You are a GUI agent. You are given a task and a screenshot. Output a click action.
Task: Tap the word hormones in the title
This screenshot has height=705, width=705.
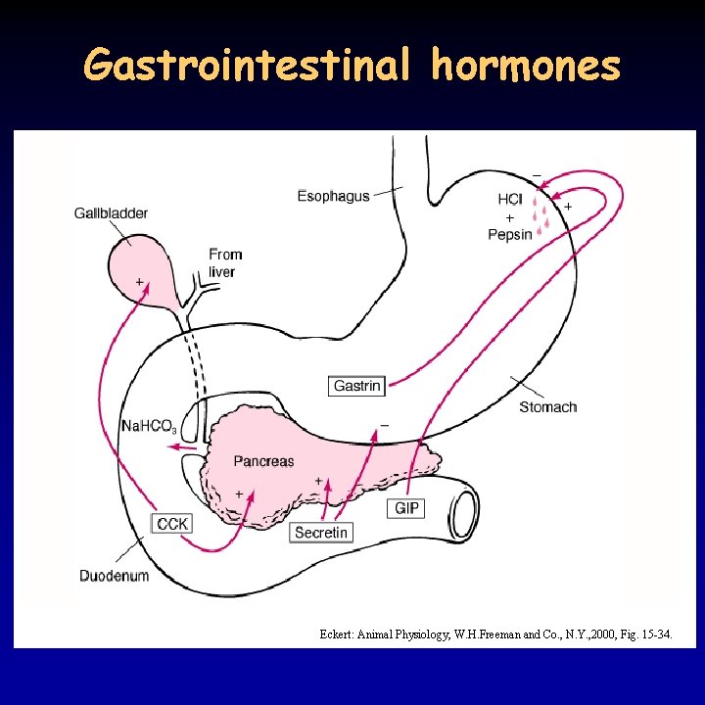526,66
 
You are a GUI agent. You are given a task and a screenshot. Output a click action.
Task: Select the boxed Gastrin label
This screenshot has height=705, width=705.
356,386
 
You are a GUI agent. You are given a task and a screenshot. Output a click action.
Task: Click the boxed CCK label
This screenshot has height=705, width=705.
172,524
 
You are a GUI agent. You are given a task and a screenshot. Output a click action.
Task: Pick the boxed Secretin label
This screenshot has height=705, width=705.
321,533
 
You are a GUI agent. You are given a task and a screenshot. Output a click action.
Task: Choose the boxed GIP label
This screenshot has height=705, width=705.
407,508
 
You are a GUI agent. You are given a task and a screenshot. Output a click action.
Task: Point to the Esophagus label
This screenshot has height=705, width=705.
333,196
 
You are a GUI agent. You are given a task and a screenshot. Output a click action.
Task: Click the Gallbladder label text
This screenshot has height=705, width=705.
111,212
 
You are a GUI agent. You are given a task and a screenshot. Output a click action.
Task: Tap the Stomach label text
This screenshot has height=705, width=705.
547,407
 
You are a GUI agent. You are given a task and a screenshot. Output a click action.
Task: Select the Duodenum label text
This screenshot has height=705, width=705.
115,576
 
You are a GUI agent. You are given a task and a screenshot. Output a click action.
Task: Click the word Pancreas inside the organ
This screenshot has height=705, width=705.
263,460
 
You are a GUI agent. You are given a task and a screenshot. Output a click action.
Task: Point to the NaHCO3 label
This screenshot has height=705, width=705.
149,426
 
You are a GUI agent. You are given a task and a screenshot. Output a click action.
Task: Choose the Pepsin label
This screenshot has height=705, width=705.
510,234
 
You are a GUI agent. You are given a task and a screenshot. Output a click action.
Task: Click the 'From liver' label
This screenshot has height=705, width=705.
224,262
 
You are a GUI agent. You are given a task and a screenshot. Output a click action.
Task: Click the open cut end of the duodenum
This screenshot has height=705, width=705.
462,511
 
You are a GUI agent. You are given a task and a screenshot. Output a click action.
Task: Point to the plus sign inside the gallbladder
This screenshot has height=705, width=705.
140,282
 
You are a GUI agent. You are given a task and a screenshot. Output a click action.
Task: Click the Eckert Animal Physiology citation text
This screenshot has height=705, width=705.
495,634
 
